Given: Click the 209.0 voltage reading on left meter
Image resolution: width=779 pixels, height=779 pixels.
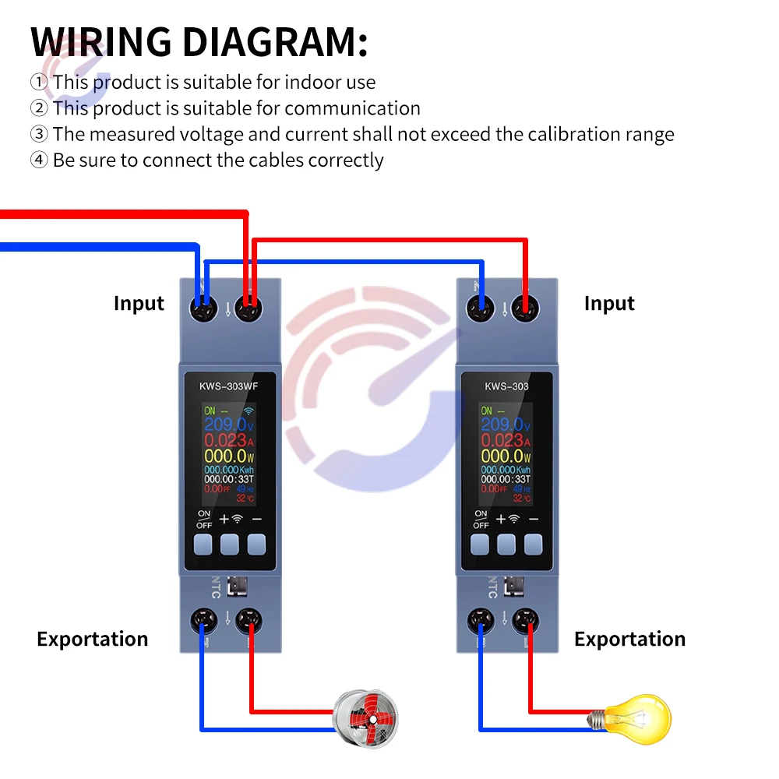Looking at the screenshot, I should (226, 425).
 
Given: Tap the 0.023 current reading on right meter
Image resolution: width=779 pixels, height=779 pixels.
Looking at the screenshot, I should (502, 440).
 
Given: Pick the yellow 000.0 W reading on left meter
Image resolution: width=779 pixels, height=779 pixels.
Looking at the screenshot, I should (226, 456).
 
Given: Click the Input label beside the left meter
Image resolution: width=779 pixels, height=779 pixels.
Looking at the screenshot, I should (139, 304).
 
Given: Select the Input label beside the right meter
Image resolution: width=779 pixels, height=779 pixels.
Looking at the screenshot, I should (609, 304).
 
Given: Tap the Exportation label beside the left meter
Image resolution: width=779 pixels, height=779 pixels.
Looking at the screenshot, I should (92, 640).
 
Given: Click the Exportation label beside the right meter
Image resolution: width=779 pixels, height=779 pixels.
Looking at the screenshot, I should (629, 640).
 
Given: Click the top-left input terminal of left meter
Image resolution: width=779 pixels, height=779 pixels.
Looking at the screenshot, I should (205, 309).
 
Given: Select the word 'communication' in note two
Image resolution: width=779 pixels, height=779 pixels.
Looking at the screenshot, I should (352, 108).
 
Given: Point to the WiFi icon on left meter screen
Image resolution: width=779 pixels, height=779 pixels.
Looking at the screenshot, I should (249, 411).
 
